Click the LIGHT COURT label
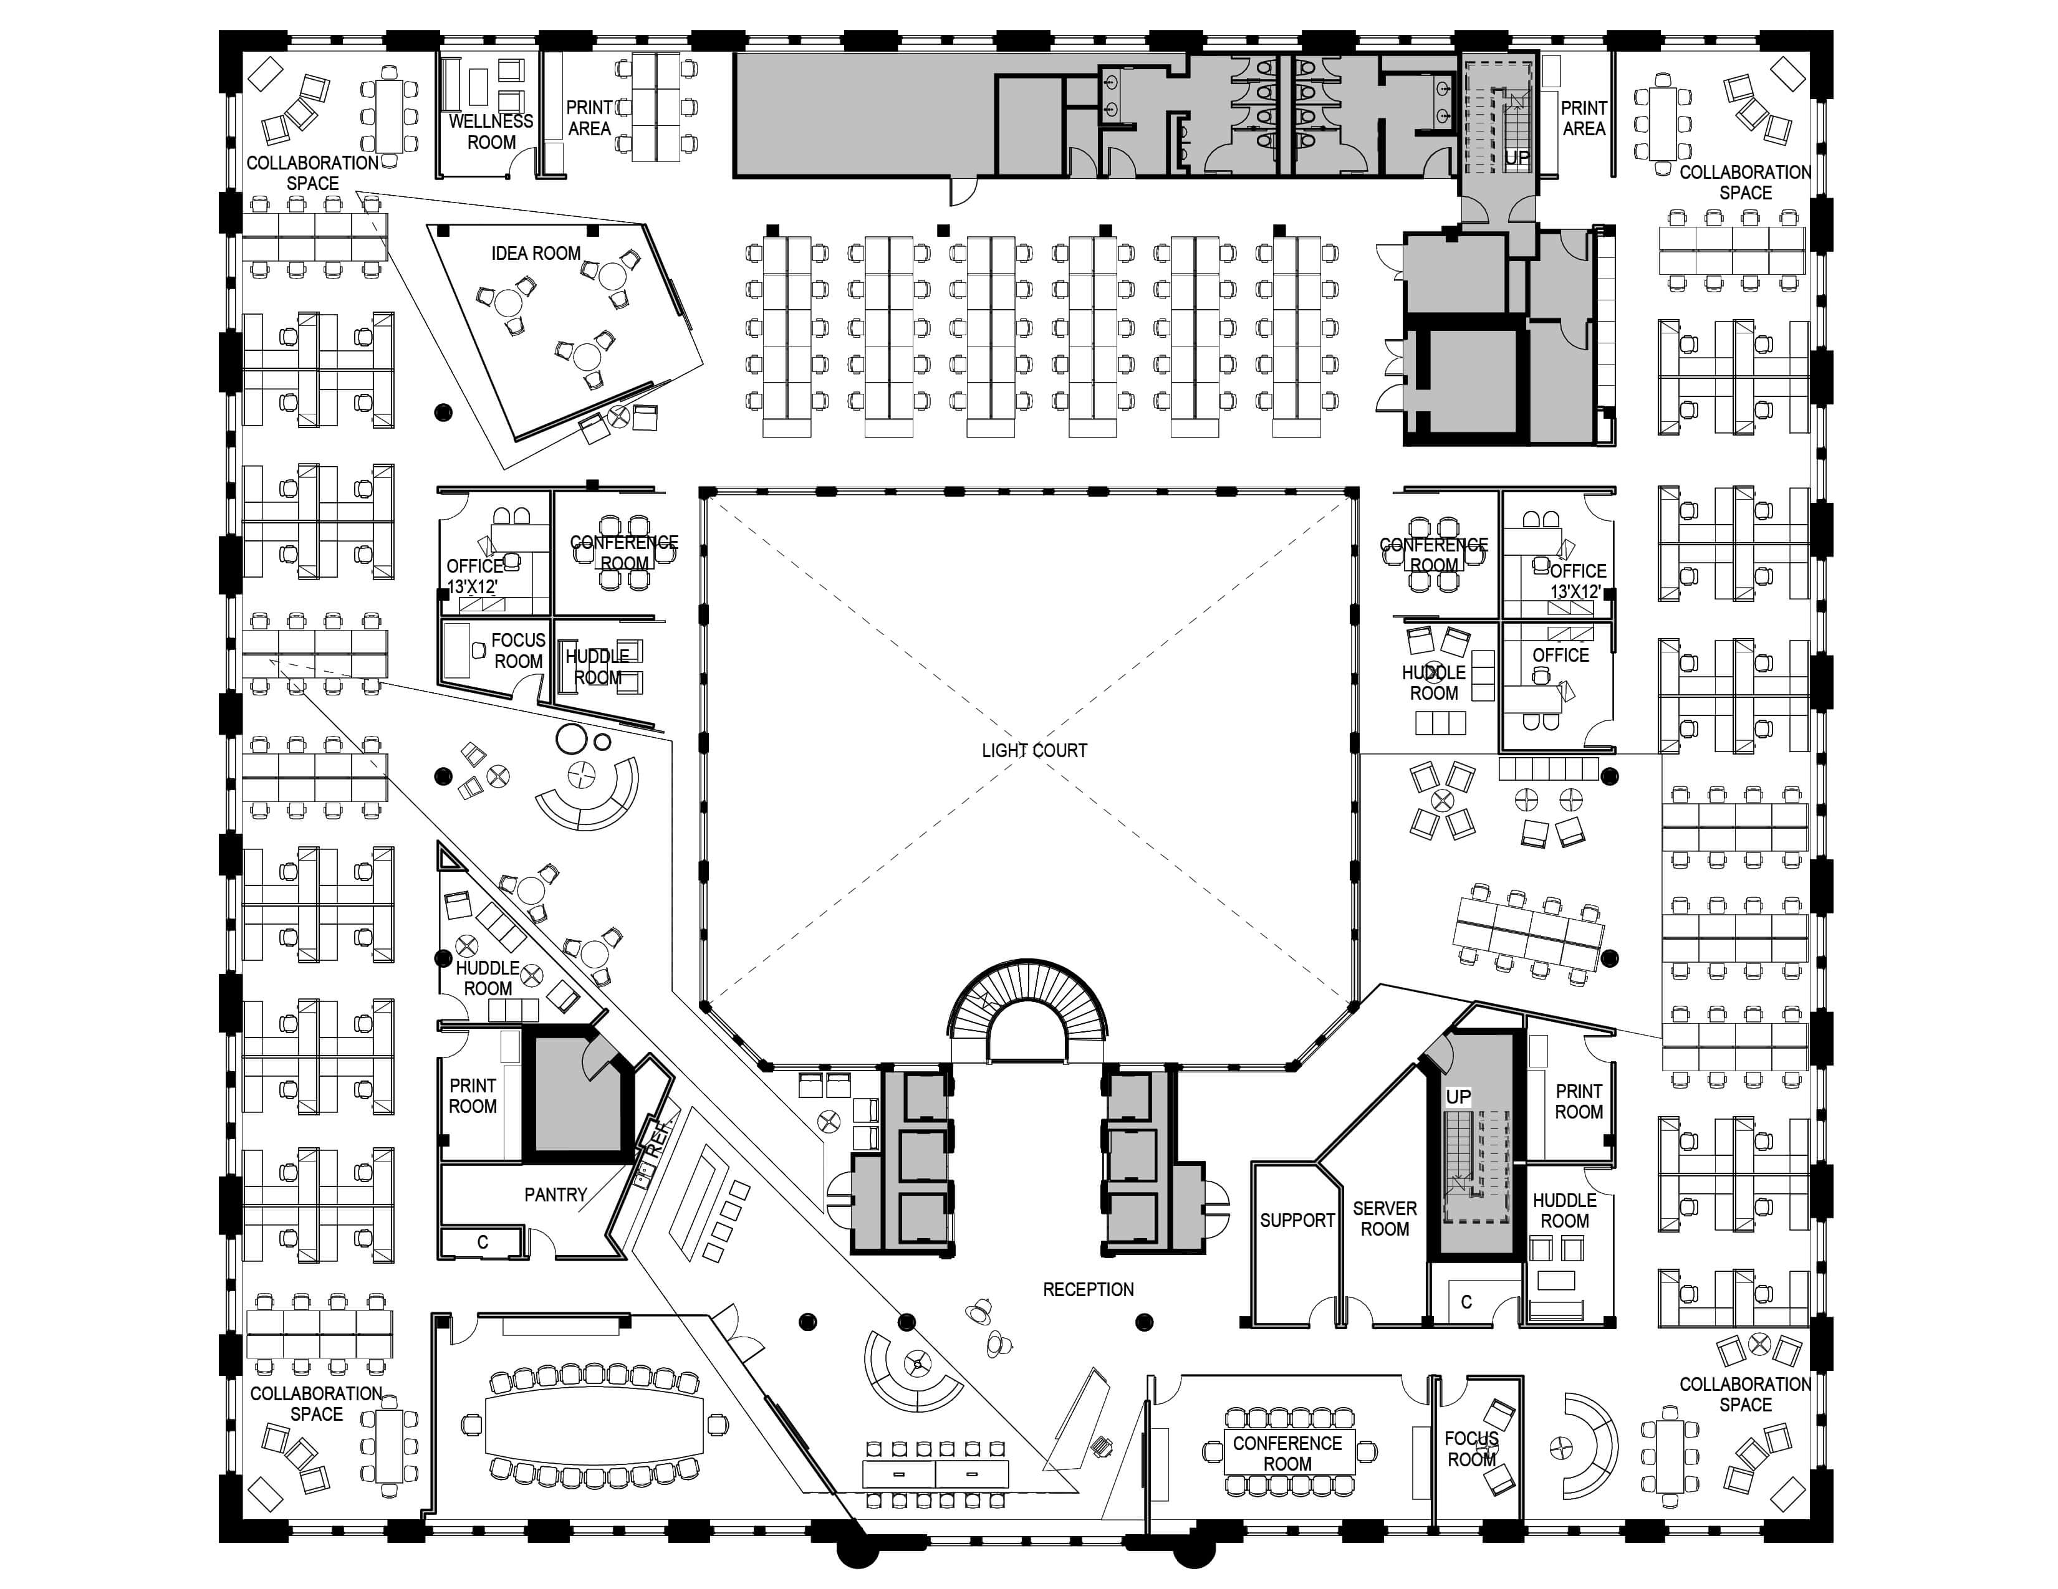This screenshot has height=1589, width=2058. pyautogui.click(x=1034, y=751)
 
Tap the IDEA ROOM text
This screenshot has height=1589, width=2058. pyautogui.click(x=536, y=254)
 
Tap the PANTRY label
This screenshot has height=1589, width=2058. pyautogui.click(x=555, y=1195)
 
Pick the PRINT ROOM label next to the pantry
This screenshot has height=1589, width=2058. pyautogui.click(x=472, y=1095)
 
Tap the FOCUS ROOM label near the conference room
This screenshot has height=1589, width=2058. pyautogui.click(x=1471, y=1449)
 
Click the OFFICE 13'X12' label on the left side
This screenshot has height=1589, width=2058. pyautogui.click(x=474, y=576)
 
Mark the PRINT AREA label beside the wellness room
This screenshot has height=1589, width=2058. pyautogui.click(x=589, y=118)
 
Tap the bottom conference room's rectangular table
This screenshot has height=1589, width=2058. pyautogui.click(x=1287, y=1453)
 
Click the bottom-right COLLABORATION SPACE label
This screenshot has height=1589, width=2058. pyautogui.click(x=1745, y=1394)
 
